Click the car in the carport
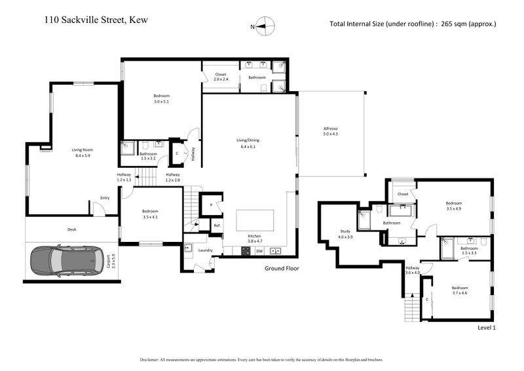[x=62, y=262]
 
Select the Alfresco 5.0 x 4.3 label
[x=330, y=130]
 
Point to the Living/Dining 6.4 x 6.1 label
[x=249, y=143]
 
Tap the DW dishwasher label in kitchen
[x=259, y=250]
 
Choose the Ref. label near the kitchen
[x=217, y=225]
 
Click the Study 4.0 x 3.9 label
[x=345, y=234]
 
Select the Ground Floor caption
[x=282, y=269]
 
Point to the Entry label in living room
[x=104, y=197]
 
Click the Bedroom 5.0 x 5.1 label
[x=161, y=99]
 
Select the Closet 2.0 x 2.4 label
[x=221, y=77]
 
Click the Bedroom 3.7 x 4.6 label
[x=460, y=290]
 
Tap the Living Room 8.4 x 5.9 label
[x=83, y=153]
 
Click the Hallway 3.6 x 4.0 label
[x=412, y=270]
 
